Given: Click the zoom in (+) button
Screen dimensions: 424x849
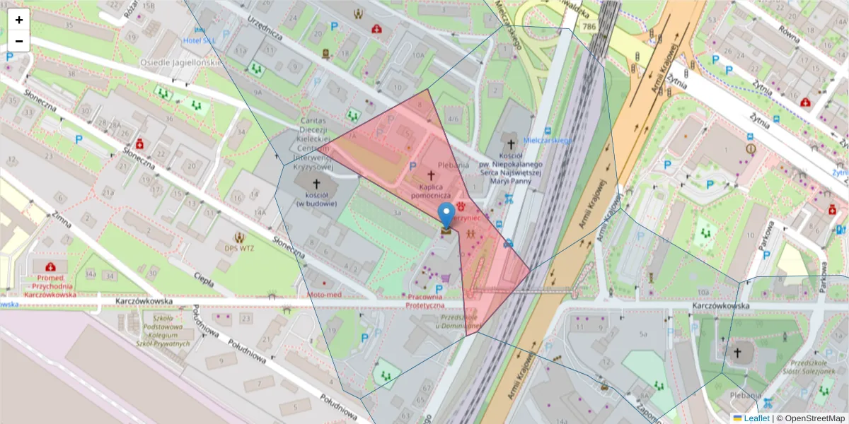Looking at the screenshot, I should tap(19, 20).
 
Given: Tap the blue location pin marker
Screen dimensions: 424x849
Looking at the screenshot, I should tap(446, 215).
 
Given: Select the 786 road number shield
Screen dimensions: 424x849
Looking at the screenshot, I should tap(589, 27).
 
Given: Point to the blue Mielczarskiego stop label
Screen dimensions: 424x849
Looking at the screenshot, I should tap(547, 141).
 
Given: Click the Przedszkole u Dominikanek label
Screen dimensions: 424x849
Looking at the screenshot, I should tap(458, 322).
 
